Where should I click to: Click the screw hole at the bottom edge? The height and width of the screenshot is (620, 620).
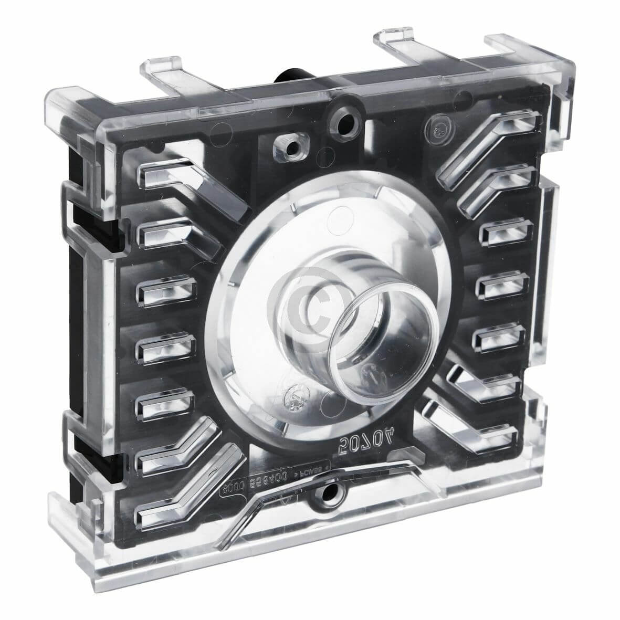[331, 492]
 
